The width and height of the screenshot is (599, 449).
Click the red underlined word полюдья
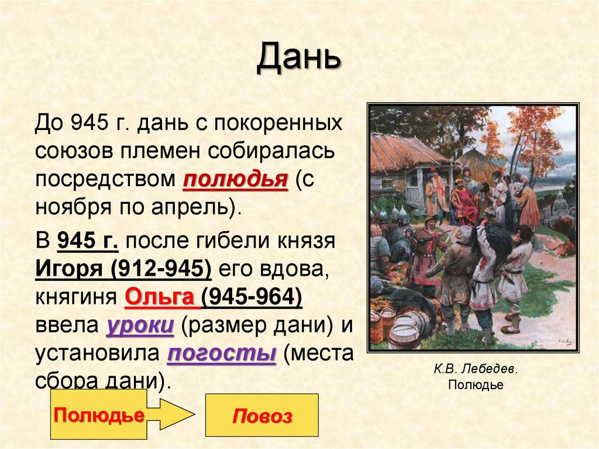pos(235,180)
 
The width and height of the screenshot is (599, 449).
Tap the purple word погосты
pos(221,355)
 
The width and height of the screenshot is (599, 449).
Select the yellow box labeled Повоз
pos(262,416)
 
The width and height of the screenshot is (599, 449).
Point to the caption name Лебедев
pos(490,370)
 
